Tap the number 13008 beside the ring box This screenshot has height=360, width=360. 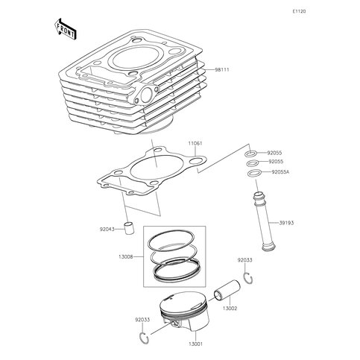(x=127, y=256)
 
